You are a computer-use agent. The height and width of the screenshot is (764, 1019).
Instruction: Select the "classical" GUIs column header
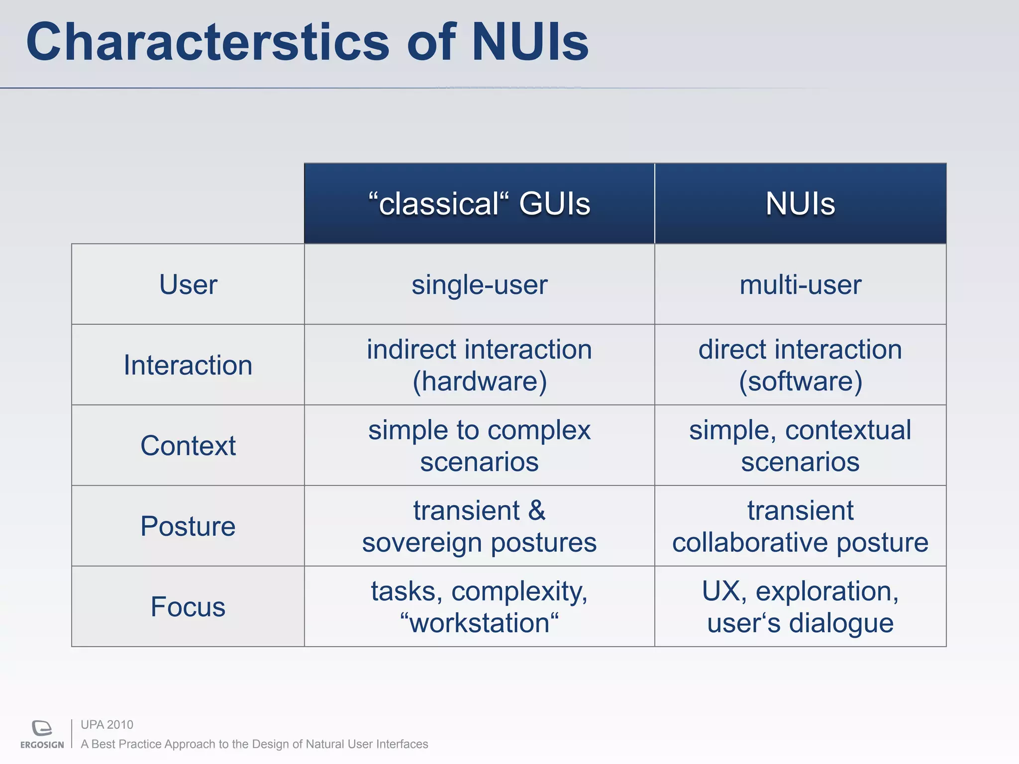(x=479, y=204)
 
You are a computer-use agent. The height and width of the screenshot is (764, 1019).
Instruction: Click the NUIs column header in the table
(x=800, y=204)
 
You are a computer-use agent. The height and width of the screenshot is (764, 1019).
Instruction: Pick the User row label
(x=188, y=285)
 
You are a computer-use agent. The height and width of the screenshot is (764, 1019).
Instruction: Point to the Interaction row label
(x=188, y=365)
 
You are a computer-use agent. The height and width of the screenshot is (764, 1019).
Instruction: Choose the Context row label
(x=188, y=446)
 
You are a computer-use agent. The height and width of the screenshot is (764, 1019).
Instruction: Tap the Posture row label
(x=188, y=526)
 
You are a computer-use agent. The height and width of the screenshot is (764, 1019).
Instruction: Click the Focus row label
(x=188, y=607)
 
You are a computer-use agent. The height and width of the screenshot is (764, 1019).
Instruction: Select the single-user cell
(x=479, y=285)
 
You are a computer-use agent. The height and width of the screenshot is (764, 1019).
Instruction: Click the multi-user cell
(x=800, y=285)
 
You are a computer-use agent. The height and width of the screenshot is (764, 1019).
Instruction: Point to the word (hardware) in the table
(x=479, y=382)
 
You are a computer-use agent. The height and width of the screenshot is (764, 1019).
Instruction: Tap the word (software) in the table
(x=800, y=382)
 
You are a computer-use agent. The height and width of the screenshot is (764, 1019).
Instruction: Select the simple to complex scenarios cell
(x=479, y=446)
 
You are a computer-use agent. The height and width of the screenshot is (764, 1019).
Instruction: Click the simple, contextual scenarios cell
(x=800, y=446)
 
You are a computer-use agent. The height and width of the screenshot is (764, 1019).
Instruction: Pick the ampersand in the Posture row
(x=536, y=511)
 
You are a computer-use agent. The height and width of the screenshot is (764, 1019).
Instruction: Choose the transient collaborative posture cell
(x=800, y=526)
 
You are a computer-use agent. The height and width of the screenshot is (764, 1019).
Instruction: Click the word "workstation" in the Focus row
(x=479, y=623)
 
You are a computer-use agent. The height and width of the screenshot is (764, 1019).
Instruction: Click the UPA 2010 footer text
(x=107, y=725)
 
